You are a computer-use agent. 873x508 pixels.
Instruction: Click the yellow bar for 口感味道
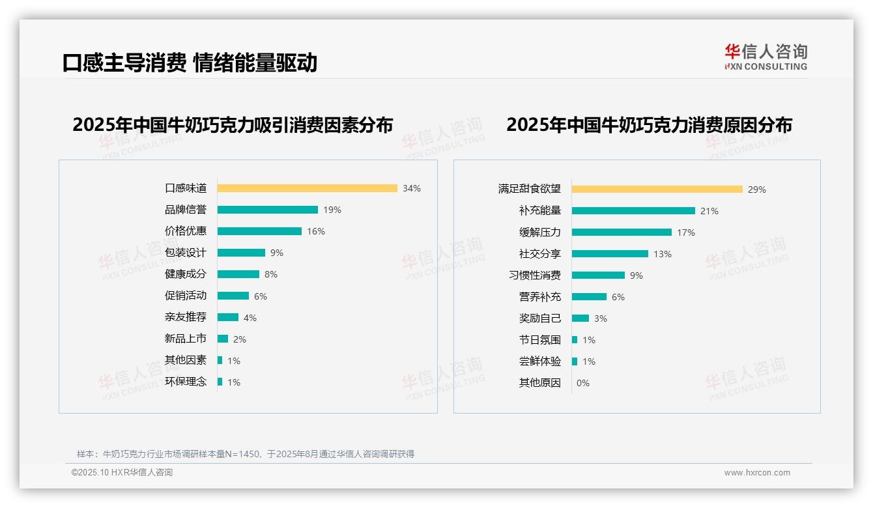[307, 188]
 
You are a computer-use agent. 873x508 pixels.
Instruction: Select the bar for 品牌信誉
[267, 210]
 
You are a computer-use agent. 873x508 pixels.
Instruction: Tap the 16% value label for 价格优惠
[316, 231]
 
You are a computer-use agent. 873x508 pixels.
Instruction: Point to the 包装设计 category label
[186, 253]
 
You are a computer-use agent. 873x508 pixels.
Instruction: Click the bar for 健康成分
[238, 274]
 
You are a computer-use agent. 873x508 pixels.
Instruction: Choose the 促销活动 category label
[186, 296]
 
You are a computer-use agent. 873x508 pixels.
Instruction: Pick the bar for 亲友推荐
[227, 317]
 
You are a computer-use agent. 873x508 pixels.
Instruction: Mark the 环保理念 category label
[186, 382]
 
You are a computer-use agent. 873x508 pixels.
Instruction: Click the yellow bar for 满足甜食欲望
[657, 190]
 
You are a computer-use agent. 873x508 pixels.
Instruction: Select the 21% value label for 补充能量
[709, 211]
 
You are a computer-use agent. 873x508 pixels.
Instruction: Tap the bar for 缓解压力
[622, 233]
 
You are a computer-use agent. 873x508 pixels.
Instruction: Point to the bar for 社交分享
[610, 254]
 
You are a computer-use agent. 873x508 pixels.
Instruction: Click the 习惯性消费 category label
[535, 275]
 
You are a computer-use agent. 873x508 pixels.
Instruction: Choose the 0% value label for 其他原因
[583, 383]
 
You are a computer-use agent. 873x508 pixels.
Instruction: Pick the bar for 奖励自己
[580, 318]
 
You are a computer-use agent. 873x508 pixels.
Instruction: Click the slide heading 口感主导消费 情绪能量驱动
[190, 63]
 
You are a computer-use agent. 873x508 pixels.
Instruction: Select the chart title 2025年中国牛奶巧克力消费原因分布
[649, 125]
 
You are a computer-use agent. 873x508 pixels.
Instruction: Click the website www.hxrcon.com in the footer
[757, 473]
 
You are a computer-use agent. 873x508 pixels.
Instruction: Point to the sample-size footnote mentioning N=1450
[246, 454]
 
